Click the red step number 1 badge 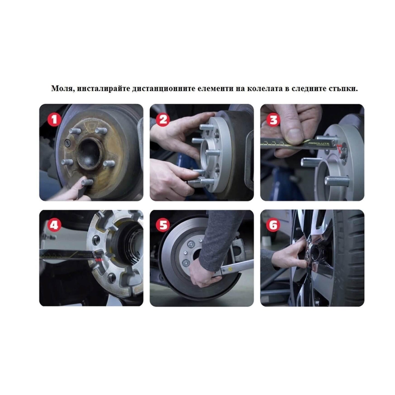(54, 120)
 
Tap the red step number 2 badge (163, 120)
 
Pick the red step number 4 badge (54, 225)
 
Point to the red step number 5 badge (163, 225)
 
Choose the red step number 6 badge (273, 225)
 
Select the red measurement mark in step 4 (99, 260)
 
